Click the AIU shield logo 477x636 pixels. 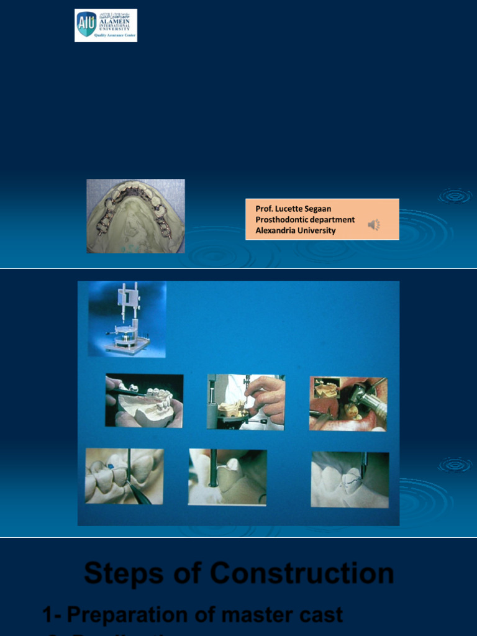point(86,24)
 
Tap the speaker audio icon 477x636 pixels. point(374,225)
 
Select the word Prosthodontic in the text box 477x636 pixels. point(283,219)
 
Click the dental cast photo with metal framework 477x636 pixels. point(135,216)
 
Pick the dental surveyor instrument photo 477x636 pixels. point(127,319)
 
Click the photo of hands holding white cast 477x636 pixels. point(144,401)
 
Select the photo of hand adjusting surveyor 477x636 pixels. point(245,402)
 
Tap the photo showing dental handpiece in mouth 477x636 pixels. point(348,404)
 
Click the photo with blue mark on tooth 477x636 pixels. point(124,476)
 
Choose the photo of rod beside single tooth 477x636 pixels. point(227,477)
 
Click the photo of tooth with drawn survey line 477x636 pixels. point(350,479)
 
